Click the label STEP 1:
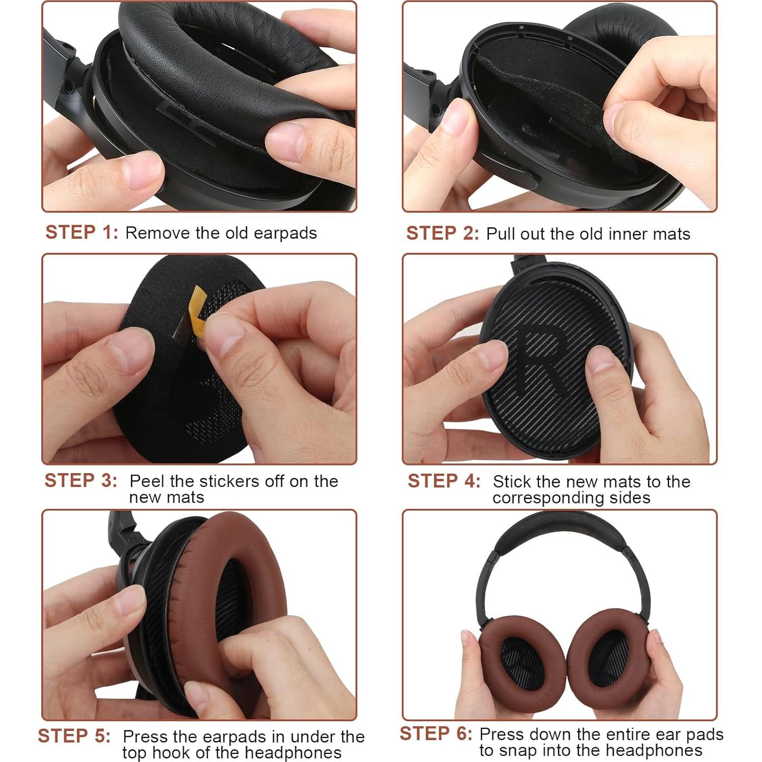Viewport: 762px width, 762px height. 81,232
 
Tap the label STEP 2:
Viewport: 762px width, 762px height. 442,233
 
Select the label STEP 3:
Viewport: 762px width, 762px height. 80,480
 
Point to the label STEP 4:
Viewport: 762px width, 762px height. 444,481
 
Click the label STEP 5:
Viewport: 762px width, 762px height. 74,736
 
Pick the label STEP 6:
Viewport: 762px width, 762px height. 436,733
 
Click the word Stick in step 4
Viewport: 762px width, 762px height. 512,481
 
